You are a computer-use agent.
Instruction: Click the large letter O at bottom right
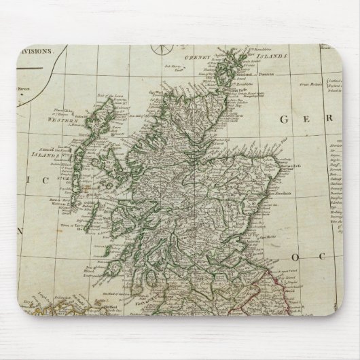tap(297, 257)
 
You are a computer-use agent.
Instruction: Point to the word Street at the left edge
tap(25, 87)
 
